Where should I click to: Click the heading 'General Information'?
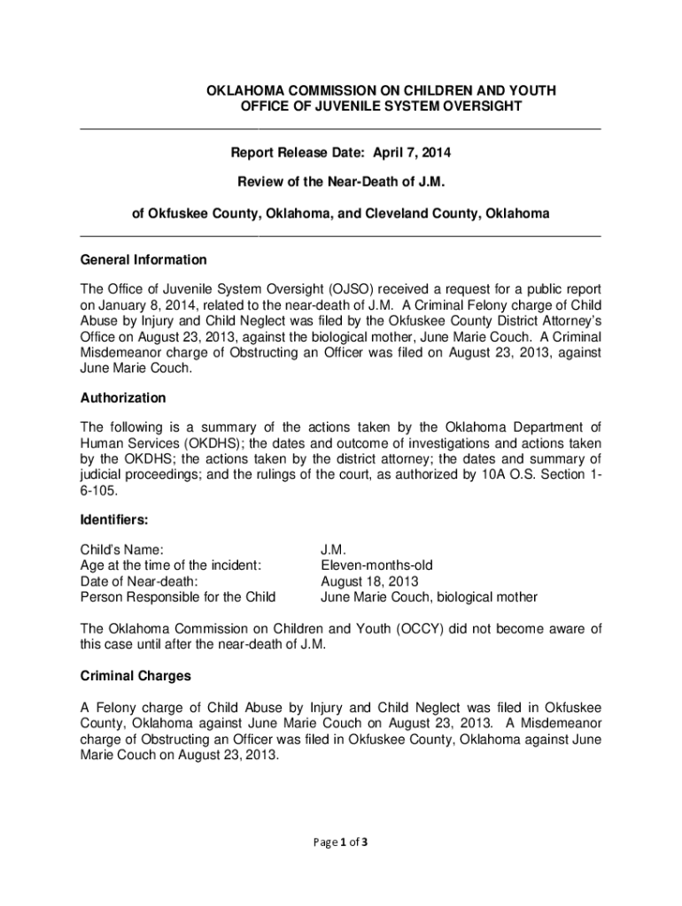pyautogui.click(x=143, y=260)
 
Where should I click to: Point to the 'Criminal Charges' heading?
pyautogui.click(x=136, y=676)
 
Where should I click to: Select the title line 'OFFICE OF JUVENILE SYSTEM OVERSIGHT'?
pyautogui.click(x=382, y=107)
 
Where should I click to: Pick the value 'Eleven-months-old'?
pyautogui.click(x=376, y=564)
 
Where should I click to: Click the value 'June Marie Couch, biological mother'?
pyautogui.click(x=429, y=596)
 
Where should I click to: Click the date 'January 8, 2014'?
pyautogui.click(x=141, y=306)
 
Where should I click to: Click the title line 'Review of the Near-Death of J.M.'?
pyautogui.click(x=340, y=182)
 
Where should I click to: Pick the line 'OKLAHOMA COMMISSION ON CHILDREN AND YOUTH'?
pyautogui.click(x=382, y=91)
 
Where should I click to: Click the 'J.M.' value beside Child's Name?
pyautogui.click(x=333, y=549)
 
